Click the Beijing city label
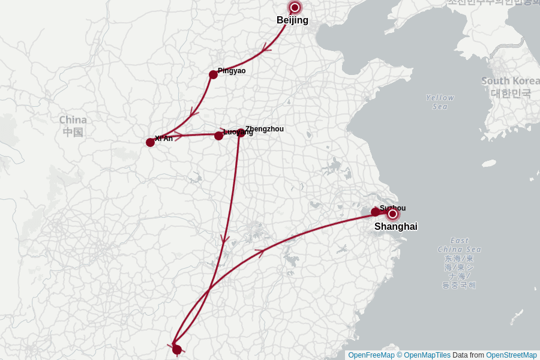(x=292, y=20)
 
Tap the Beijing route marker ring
(x=295, y=7)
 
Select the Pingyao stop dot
(x=213, y=74)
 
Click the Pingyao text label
(x=232, y=71)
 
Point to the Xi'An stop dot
(x=150, y=142)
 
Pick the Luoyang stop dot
(x=218, y=136)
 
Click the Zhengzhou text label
(x=265, y=129)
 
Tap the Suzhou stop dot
(x=375, y=212)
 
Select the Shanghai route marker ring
(x=393, y=214)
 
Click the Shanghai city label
(x=396, y=227)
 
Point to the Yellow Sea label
(x=440, y=102)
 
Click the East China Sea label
(x=459, y=245)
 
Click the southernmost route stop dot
(x=177, y=349)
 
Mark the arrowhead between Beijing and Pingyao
(x=266, y=49)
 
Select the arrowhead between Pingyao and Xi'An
(x=193, y=112)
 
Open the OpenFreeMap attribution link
(x=371, y=355)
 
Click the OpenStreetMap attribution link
(x=511, y=355)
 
